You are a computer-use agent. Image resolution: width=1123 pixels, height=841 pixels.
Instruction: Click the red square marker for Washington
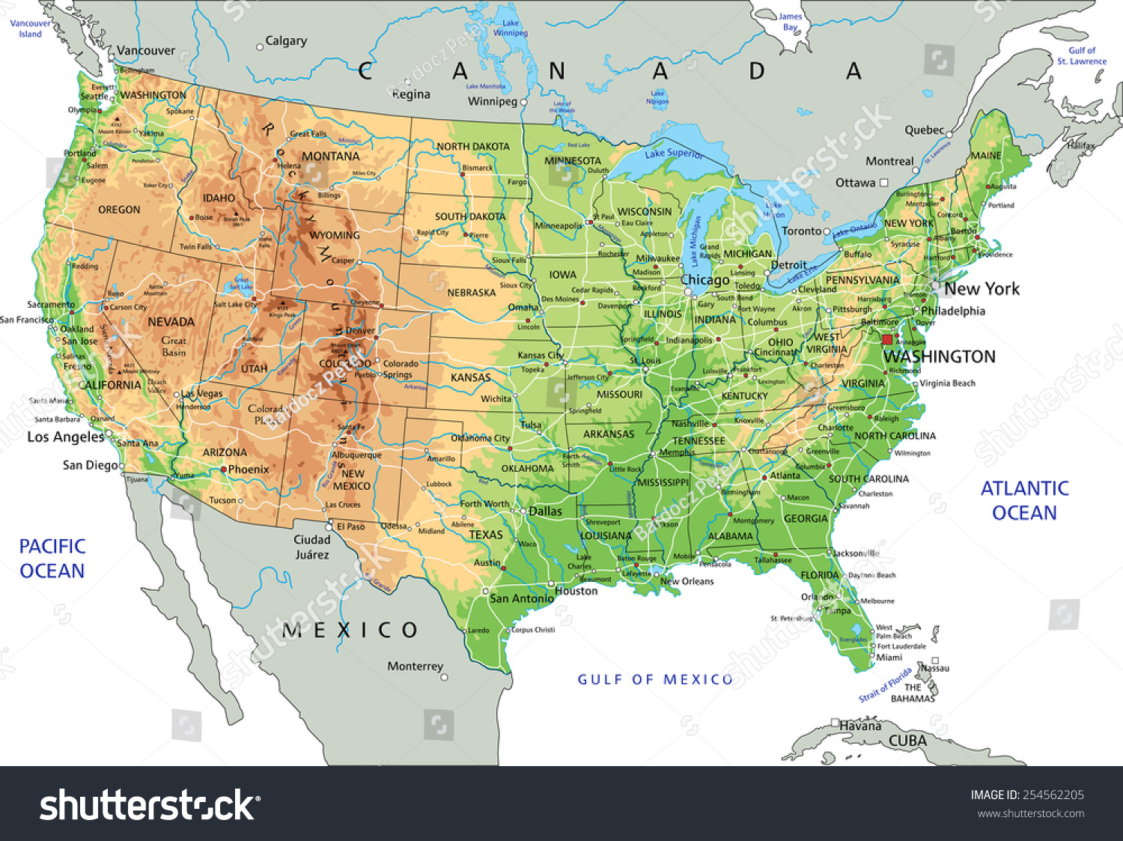coord(887,340)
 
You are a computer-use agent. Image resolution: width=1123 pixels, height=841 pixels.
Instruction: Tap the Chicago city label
coord(704,280)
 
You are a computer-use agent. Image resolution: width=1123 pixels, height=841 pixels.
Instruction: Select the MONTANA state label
coord(330,157)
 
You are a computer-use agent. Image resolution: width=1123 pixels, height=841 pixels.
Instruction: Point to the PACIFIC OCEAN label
coord(52,558)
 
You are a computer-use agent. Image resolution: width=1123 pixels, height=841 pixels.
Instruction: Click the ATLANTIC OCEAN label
coord(1024,500)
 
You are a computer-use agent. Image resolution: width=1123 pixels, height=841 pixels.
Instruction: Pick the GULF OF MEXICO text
coord(655,679)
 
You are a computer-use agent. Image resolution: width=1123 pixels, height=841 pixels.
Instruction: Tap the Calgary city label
coord(286,41)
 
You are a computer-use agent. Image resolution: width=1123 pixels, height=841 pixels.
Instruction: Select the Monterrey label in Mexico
coord(415,666)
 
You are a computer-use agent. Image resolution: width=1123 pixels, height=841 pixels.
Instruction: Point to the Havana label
coord(860,726)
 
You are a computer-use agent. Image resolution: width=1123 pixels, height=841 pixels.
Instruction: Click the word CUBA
coord(907,741)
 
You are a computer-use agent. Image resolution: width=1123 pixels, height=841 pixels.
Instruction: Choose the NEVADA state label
coord(171,322)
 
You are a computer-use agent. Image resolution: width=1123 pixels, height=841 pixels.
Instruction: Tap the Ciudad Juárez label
coord(312,547)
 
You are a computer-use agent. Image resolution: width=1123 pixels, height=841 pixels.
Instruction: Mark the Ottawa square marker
coord(883,182)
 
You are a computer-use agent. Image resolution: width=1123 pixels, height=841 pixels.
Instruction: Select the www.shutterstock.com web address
coord(1030,813)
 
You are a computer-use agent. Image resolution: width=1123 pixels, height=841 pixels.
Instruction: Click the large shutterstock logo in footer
coord(149,805)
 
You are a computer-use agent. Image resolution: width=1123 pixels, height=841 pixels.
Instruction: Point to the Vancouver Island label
coord(30,28)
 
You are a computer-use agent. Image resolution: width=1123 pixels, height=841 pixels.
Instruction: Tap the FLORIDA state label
coord(820,575)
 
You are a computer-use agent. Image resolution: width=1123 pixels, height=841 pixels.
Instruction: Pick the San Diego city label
coord(90,465)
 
